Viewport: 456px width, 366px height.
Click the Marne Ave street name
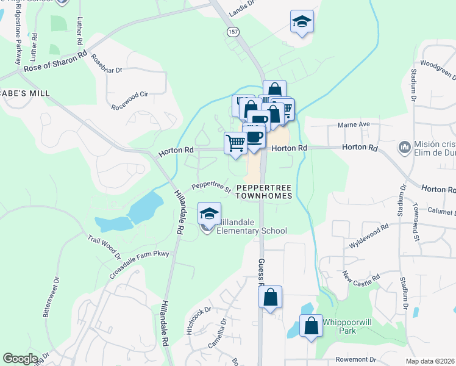click(x=354, y=125)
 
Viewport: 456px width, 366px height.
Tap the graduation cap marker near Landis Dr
click(x=302, y=22)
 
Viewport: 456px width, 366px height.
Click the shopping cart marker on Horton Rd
click(x=236, y=143)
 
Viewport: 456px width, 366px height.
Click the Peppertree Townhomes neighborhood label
click(x=263, y=192)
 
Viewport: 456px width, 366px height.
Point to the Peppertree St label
click(x=211, y=187)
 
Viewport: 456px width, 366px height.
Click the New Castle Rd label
click(x=361, y=281)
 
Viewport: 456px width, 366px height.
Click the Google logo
click(x=20, y=358)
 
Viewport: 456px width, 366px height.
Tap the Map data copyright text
click(x=430, y=361)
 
